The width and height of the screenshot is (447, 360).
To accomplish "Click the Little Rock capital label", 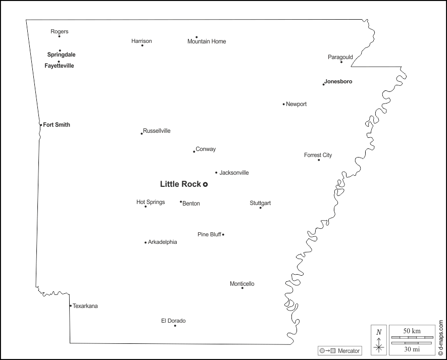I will tap(180, 184).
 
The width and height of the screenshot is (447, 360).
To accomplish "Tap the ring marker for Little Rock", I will tap(206, 185).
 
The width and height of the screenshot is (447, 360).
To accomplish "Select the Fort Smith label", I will tap(57, 125).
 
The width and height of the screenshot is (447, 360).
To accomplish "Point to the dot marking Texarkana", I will tap(70, 305).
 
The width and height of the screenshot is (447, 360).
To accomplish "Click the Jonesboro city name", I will tap(338, 81).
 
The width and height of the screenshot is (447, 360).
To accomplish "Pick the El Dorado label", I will tap(173, 321).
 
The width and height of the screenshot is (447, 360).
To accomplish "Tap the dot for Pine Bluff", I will tap(223, 234).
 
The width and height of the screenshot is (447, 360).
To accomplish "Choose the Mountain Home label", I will tap(207, 41).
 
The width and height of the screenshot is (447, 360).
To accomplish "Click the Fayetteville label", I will tap(59, 66).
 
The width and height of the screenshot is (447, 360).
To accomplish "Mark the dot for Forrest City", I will tap(319, 160).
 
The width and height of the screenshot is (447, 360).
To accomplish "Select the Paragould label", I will tap(340, 57).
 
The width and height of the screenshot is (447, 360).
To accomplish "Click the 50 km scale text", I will tap(412, 331).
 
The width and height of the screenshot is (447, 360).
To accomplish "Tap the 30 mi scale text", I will tap(412, 349).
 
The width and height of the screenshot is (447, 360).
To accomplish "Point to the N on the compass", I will tap(379, 332).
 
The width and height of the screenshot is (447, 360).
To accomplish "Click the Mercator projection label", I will tap(349, 350).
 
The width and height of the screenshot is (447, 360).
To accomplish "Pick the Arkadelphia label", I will tap(162, 242).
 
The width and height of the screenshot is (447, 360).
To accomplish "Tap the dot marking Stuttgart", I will tap(261, 208).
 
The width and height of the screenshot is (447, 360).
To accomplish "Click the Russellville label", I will tap(157, 131).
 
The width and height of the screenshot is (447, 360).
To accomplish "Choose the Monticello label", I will tap(242, 284).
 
